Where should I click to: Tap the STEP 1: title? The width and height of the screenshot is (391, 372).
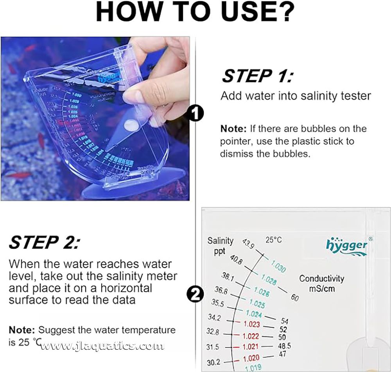(x=256, y=75)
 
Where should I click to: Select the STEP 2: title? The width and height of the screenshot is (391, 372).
(x=44, y=242)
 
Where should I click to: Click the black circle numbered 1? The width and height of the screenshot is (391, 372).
(x=195, y=114)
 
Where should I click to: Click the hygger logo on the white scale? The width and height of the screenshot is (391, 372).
(x=347, y=245)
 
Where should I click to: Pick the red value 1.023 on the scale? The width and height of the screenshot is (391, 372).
(x=251, y=323)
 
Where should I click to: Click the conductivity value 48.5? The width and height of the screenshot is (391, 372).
(x=284, y=346)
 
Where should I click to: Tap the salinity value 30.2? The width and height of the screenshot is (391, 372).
(x=213, y=362)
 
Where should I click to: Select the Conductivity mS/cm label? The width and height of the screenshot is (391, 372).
(x=321, y=284)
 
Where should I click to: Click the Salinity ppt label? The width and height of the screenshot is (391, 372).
(x=220, y=245)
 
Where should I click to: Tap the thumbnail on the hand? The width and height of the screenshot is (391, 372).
(x=133, y=95)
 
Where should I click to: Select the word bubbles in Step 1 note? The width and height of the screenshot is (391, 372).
(x=323, y=129)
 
